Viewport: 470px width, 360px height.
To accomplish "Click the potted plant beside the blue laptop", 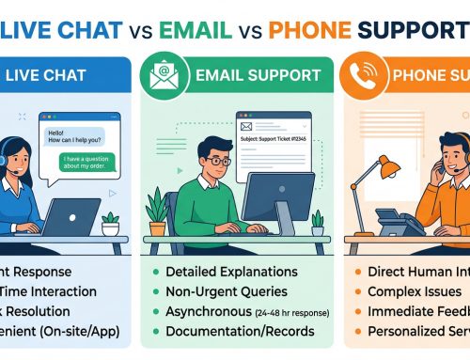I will pyautogui.click(x=111, y=223).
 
